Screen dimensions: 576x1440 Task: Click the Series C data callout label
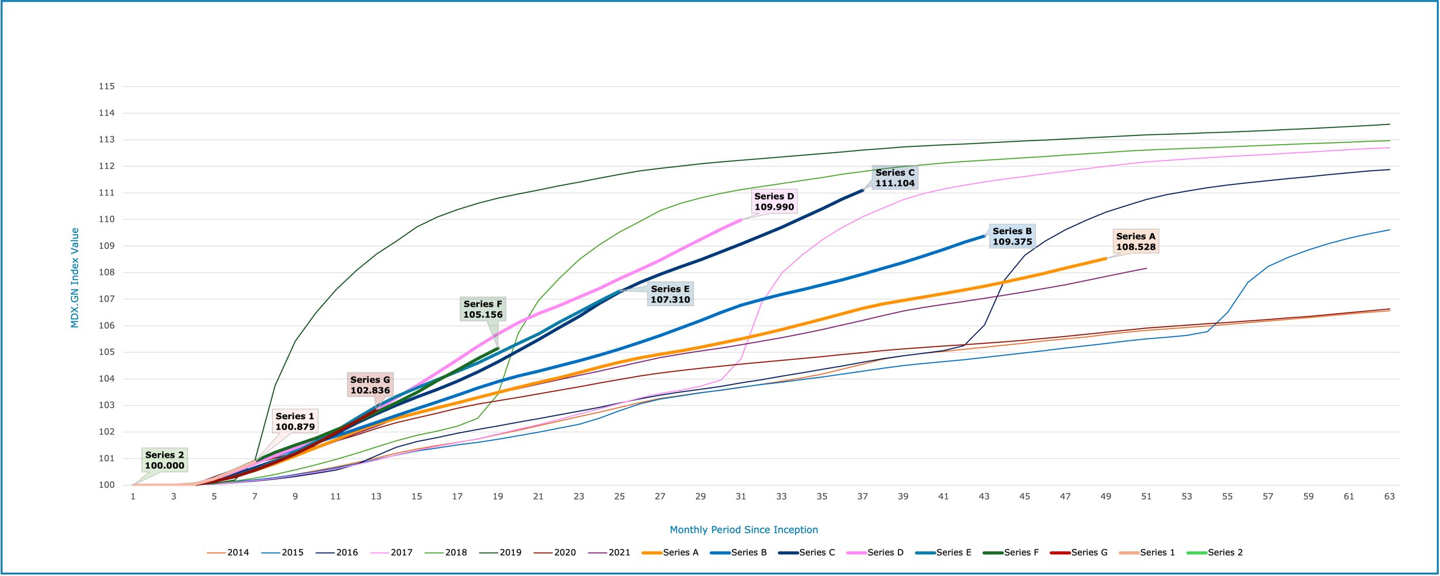coord(895,178)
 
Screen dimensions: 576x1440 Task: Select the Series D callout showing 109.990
coord(774,202)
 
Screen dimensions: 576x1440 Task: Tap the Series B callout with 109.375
coord(1012,236)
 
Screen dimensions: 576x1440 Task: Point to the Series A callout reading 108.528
coord(1135,242)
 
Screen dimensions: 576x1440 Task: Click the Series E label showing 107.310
coord(670,294)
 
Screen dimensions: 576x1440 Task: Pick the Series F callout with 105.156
coord(483,309)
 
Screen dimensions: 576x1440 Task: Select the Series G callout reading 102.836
coord(370,385)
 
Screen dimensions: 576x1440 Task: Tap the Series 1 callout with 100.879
coord(295,421)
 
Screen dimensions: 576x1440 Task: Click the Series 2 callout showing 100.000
coord(164,460)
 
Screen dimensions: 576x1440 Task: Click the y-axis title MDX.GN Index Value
coord(75,277)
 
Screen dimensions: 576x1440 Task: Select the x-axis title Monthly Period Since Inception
coord(744,530)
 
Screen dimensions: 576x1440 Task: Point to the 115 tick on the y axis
coord(107,86)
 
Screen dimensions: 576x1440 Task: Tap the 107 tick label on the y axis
coord(107,299)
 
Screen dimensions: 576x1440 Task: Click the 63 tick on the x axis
coord(1389,496)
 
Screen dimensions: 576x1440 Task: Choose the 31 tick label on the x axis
coord(741,496)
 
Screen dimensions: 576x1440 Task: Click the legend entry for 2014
coord(229,552)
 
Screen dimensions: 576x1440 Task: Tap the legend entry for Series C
coord(807,552)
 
